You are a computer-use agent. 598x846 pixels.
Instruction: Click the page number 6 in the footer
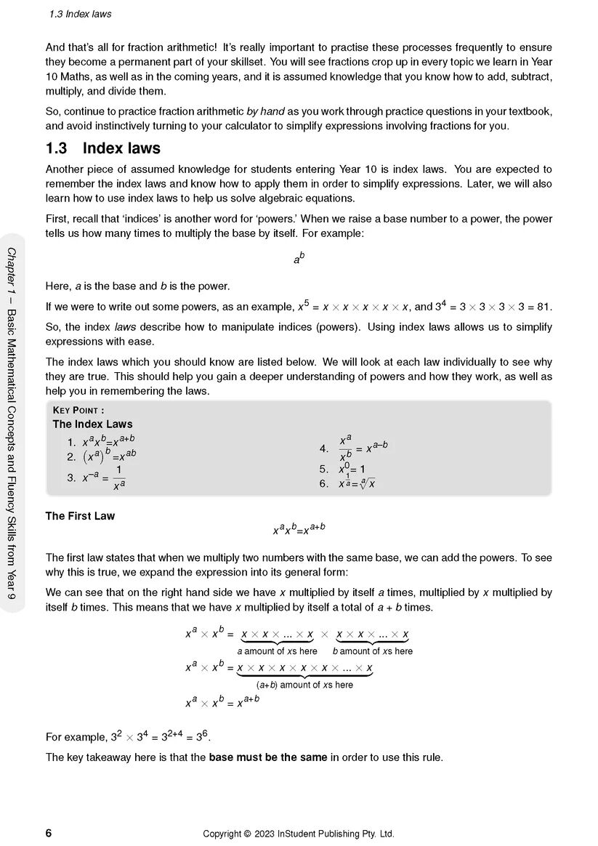pyautogui.click(x=49, y=833)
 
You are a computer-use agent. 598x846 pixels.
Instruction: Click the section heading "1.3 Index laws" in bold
pyautogui.click(x=103, y=148)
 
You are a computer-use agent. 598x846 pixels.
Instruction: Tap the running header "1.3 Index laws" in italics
pyautogui.click(x=80, y=14)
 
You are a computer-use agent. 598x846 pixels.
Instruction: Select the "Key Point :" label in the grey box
pyautogui.click(x=78, y=410)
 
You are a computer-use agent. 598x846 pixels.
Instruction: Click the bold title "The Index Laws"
pyautogui.click(x=92, y=424)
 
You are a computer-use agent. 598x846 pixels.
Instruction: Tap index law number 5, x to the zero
pyautogui.click(x=352, y=470)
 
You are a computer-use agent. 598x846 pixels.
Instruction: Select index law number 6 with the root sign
pyautogui.click(x=356, y=483)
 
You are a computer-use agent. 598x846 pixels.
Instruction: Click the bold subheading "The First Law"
pyautogui.click(x=80, y=516)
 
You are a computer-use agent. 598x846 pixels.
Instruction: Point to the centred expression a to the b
pyautogui.click(x=299, y=257)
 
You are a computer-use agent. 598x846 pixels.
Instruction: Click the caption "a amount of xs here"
pyautogui.click(x=277, y=651)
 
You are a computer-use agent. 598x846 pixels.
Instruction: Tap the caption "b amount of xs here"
pyautogui.click(x=373, y=651)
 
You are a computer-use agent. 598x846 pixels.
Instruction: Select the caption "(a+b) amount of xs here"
pyautogui.click(x=304, y=685)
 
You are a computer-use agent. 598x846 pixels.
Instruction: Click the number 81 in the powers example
pyautogui.click(x=544, y=307)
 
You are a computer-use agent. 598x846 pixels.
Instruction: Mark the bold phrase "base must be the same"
pyautogui.click(x=268, y=757)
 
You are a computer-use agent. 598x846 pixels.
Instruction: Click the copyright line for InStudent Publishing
pyautogui.click(x=299, y=834)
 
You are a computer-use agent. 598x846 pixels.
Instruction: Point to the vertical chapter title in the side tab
pyautogui.click(x=12, y=422)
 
